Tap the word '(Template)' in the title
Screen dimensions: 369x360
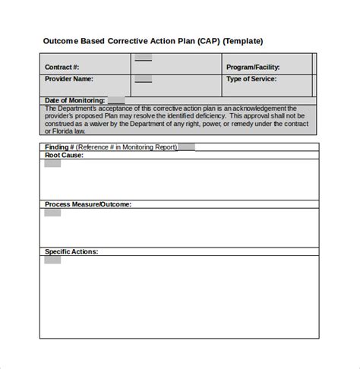[x=242, y=41]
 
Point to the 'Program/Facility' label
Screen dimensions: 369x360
[x=254, y=66]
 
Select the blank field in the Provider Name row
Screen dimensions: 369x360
[x=143, y=78]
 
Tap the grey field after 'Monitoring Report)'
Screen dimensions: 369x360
[x=187, y=147]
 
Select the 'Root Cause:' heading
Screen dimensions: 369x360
[x=64, y=155]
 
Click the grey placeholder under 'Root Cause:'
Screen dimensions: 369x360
[x=52, y=163]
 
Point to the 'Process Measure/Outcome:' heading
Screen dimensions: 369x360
[x=88, y=204]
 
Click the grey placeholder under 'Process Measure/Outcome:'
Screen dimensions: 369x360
[x=52, y=213]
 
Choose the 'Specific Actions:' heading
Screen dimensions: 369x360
[x=71, y=251]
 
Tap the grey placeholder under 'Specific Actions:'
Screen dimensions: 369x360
[x=52, y=260]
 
